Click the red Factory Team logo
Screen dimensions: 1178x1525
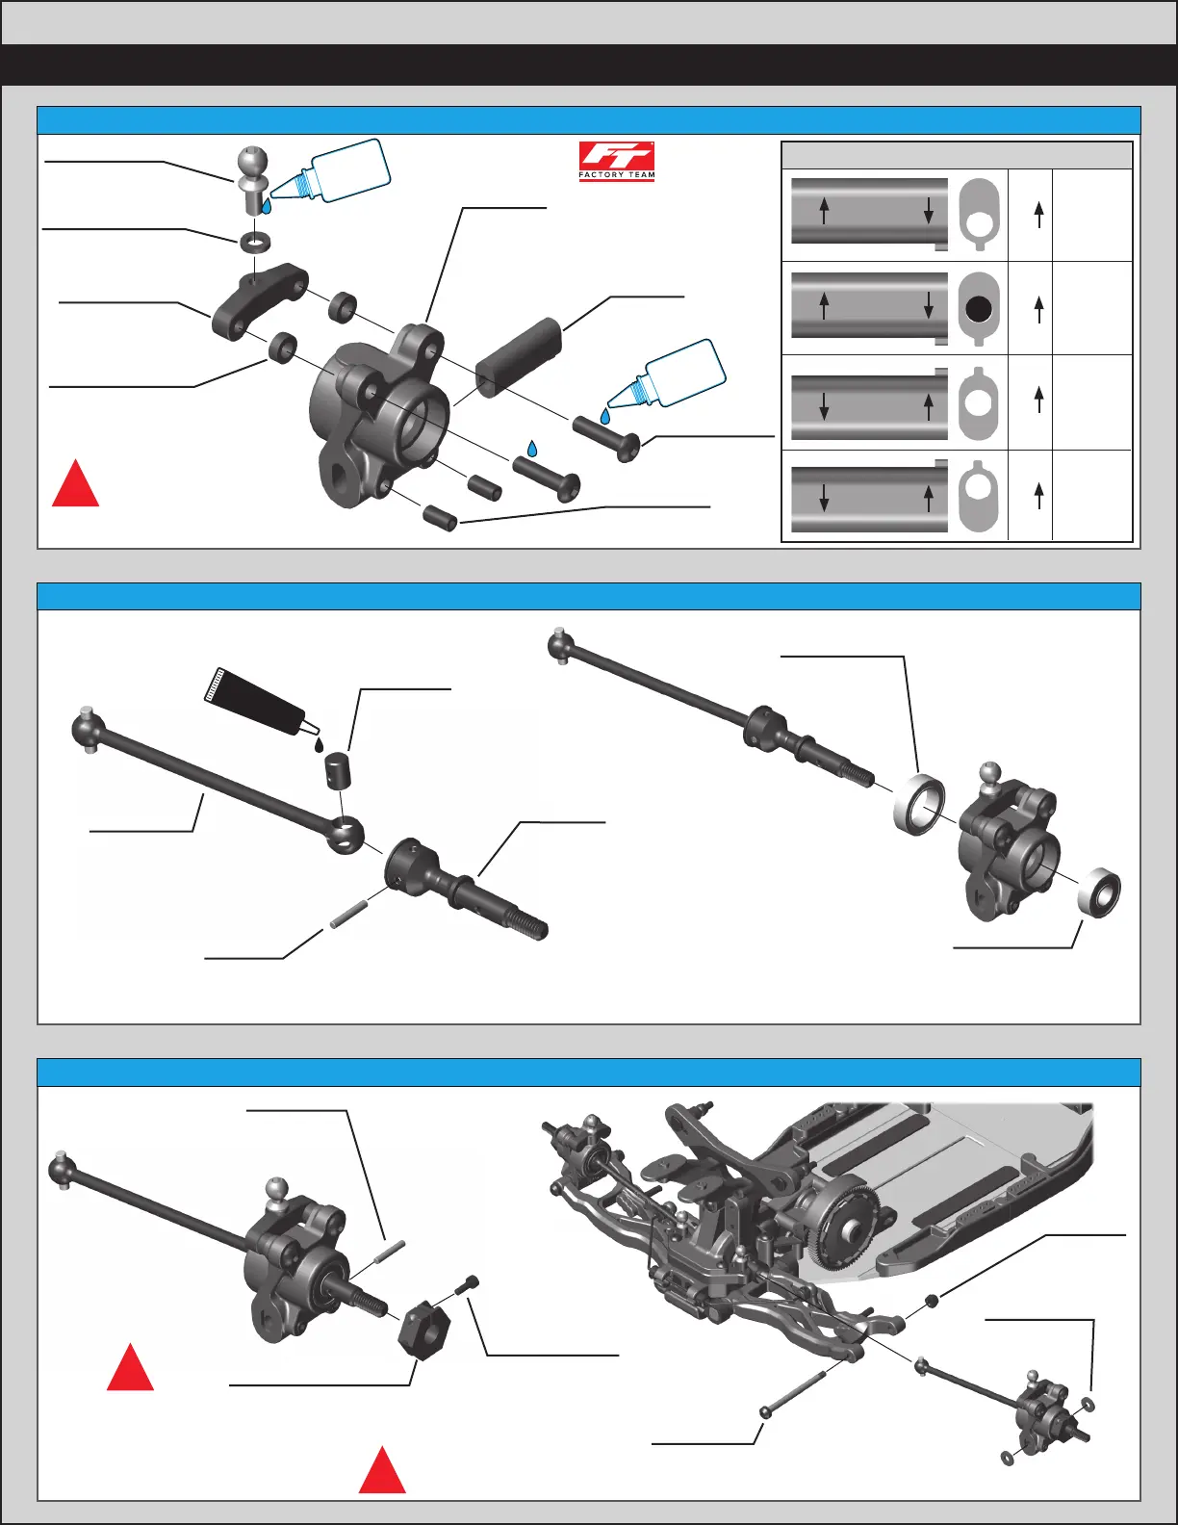(x=616, y=161)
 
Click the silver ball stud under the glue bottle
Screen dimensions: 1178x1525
(x=252, y=178)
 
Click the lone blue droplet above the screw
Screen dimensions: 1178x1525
(x=530, y=448)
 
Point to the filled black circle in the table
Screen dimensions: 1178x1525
(x=978, y=308)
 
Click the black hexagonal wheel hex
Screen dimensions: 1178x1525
(x=423, y=1329)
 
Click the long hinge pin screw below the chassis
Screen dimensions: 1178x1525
(x=795, y=1391)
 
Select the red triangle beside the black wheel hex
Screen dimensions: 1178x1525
(x=130, y=1369)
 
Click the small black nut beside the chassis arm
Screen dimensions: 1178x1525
(x=932, y=1302)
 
